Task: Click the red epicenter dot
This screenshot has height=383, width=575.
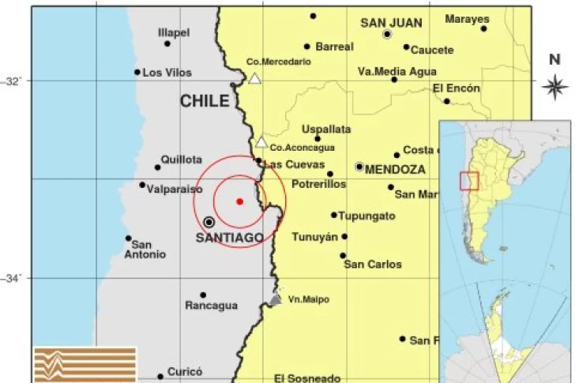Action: click(x=239, y=201)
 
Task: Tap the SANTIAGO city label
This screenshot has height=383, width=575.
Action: click(x=231, y=238)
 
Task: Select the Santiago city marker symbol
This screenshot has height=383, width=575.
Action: click(x=209, y=222)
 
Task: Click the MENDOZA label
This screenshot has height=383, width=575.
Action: click(x=395, y=169)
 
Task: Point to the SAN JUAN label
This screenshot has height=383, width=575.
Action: click(x=391, y=23)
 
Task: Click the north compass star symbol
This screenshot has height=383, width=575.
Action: click(x=555, y=85)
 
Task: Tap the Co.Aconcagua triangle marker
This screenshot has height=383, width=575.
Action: click(x=261, y=142)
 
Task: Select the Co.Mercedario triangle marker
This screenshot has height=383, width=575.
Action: click(x=254, y=78)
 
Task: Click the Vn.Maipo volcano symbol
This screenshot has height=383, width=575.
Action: click(x=275, y=299)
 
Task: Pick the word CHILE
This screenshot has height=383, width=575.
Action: click(x=205, y=101)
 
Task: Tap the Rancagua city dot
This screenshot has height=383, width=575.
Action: click(x=203, y=295)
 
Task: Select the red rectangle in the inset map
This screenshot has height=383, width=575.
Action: click(x=469, y=181)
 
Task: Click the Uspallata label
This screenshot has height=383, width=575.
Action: click(x=326, y=129)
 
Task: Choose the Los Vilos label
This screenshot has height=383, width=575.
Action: click(x=167, y=73)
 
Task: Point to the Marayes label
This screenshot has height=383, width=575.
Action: click(x=467, y=19)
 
